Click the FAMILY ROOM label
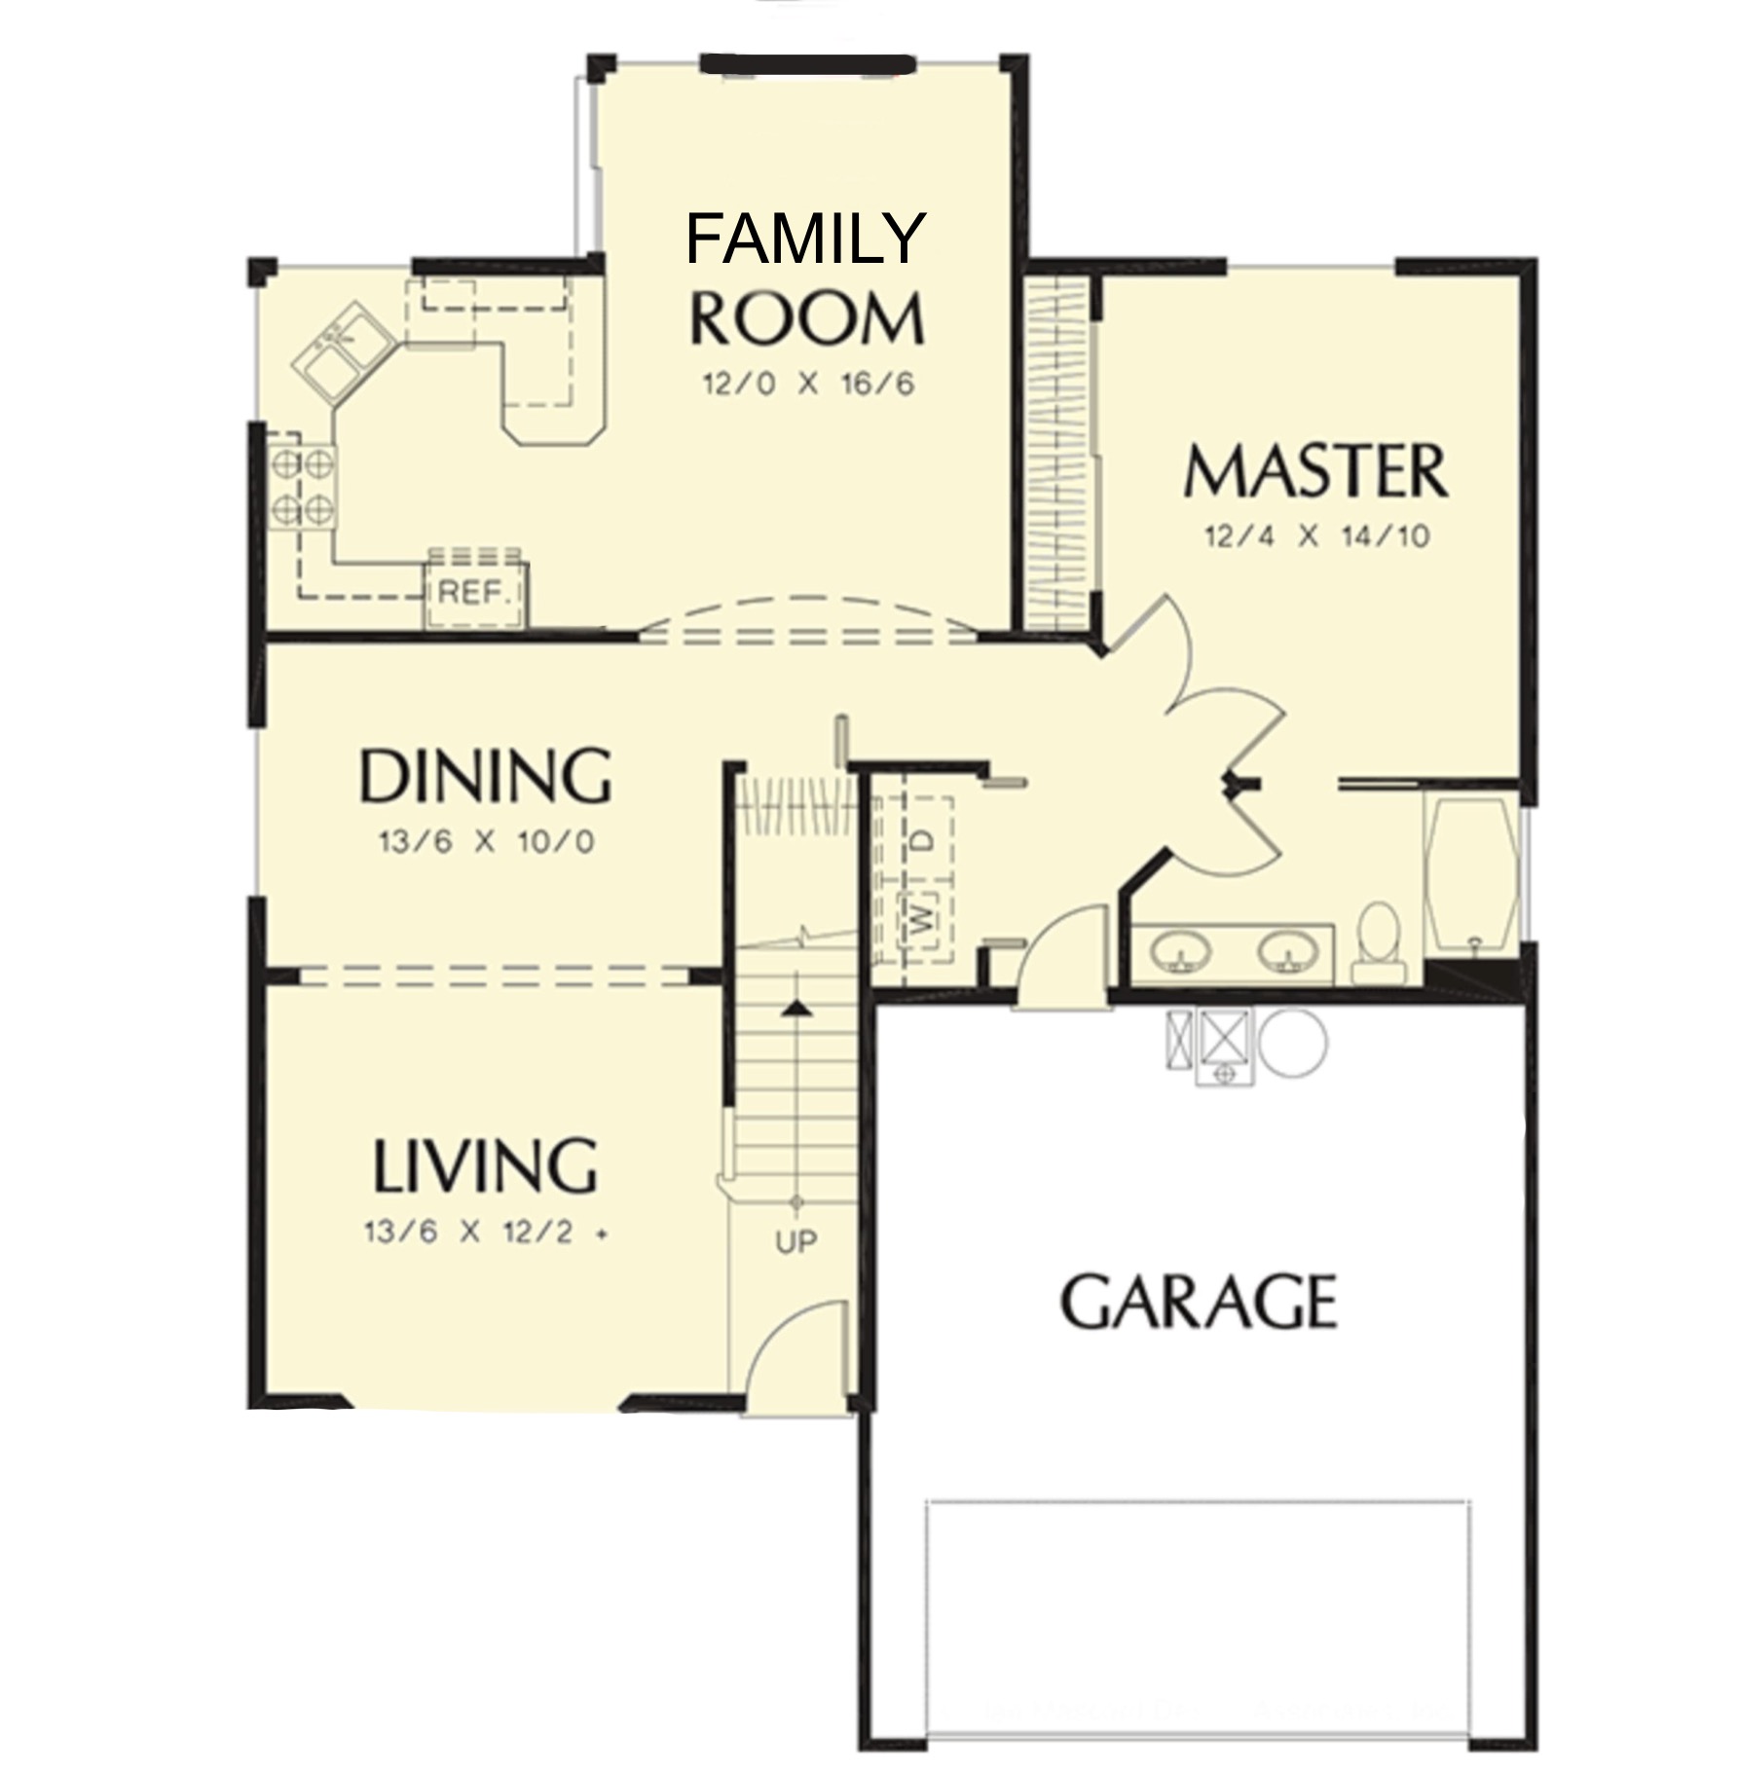coord(805,278)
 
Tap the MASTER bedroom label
coord(1315,471)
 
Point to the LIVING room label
coord(485,1165)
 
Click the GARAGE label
coord(1199,1302)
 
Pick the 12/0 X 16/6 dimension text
coord(809,384)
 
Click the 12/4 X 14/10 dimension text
coord(1316,536)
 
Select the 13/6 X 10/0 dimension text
coord(486,841)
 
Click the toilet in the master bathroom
coord(1379,941)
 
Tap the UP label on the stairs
coord(796,1241)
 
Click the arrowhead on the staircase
coord(797,1009)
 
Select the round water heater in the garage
coord(1292,1042)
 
